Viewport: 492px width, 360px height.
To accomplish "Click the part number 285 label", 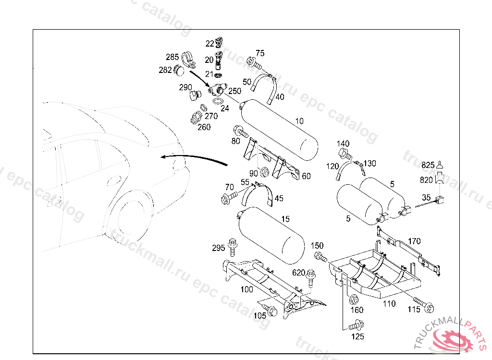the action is [x=172, y=57].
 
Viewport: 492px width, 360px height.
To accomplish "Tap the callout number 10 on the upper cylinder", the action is [x=299, y=121].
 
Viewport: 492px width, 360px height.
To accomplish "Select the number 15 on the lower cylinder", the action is [x=285, y=219].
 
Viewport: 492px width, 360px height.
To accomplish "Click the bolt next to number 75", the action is [x=254, y=63].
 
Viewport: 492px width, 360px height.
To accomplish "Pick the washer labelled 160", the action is [x=354, y=300].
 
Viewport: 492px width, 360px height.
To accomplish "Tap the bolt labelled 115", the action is [x=424, y=305].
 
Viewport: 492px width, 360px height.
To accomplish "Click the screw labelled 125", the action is [x=357, y=325].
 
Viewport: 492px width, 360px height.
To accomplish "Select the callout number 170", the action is [x=414, y=241].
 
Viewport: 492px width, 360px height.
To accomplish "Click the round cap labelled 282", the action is [x=179, y=70].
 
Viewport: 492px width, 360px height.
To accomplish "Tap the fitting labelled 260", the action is [x=196, y=117].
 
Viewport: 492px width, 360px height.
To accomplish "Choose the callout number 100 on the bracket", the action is [x=246, y=289].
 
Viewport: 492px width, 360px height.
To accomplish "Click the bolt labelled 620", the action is [x=311, y=278].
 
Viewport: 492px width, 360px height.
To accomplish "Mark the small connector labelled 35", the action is [x=441, y=200].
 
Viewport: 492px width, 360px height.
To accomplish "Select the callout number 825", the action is [x=428, y=165].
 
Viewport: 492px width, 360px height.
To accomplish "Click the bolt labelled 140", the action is [x=345, y=154].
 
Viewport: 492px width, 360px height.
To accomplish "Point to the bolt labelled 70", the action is [x=230, y=198].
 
